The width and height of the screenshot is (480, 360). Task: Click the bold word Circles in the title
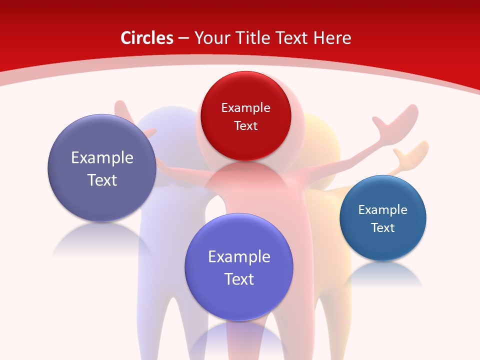click(x=147, y=38)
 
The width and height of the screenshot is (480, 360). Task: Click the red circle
click(x=245, y=116)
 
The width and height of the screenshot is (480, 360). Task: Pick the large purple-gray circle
click(x=102, y=168)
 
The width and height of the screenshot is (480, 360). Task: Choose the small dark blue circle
click(x=383, y=218)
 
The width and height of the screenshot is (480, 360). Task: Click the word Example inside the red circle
click(x=245, y=107)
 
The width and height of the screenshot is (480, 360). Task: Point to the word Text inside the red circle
click(x=245, y=125)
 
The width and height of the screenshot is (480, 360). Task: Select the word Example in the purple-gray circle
click(x=102, y=157)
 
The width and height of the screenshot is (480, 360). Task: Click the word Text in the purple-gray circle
click(x=102, y=180)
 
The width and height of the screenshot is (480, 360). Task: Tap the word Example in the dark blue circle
click(x=383, y=209)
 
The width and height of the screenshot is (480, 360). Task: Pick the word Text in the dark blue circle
click(x=383, y=227)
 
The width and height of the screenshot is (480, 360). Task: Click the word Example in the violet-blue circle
click(x=239, y=256)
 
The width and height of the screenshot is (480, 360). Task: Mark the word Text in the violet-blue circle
click(x=239, y=279)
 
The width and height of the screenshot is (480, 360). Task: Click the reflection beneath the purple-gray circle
click(x=100, y=240)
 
